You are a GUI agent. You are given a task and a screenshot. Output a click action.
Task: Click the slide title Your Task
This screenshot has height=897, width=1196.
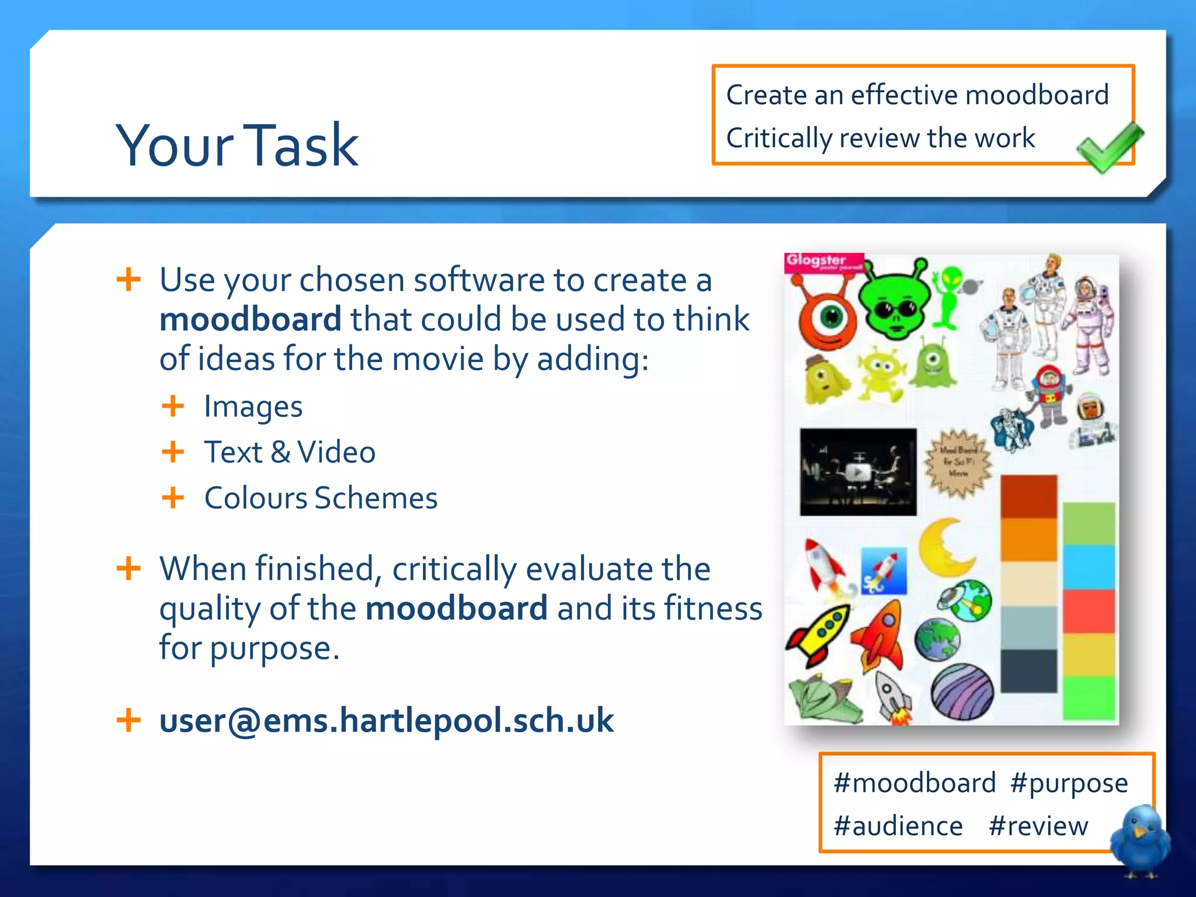[x=237, y=145]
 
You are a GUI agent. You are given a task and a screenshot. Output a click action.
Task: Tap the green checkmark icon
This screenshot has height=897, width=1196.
[x=1109, y=148]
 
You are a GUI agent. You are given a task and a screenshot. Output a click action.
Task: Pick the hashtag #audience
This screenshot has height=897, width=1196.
[x=898, y=826]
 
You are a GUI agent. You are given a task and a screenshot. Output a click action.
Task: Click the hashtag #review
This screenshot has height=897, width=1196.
[x=1038, y=826]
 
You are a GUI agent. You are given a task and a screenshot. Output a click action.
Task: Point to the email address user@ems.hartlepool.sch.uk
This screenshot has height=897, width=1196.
[x=386, y=720]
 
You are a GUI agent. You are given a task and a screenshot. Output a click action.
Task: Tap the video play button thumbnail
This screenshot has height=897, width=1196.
[x=858, y=472]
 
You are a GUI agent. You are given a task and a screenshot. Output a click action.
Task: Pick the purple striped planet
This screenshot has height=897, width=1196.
[x=962, y=693]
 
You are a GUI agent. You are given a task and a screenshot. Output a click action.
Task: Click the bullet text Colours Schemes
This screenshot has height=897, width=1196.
[x=321, y=498]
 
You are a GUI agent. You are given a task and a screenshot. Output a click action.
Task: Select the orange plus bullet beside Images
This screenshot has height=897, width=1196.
[x=173, y=406]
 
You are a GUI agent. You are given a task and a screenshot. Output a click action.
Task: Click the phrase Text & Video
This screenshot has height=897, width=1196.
[x=290, y=452]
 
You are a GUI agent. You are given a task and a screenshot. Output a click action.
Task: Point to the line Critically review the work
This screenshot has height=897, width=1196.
[x=880, y=138]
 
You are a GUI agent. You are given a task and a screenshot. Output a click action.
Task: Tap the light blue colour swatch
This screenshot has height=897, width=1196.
[x=1089, y=567]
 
